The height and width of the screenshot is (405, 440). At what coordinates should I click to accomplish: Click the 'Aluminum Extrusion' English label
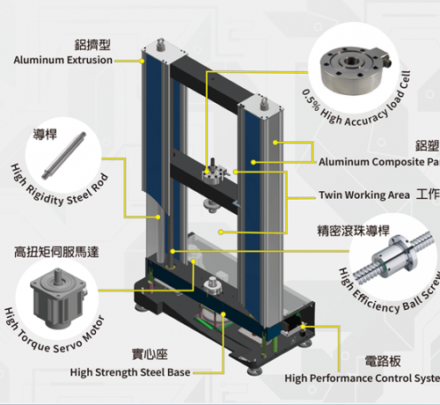click(63, 60)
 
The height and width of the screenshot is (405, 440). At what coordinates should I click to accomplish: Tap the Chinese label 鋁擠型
click(92, 43)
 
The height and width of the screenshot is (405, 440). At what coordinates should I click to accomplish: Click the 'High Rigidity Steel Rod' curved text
click(57, 188)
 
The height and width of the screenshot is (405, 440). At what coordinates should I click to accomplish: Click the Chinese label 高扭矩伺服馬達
click(56, 252)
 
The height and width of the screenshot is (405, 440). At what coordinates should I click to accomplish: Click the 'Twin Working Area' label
click(363, 195)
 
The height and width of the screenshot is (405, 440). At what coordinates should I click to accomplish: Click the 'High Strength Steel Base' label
click(129, 372)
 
